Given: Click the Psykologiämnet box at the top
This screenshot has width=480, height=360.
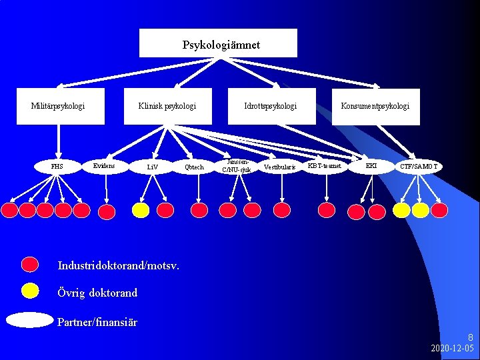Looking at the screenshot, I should [221, 44].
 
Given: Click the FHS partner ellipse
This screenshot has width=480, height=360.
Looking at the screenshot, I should [57, 167].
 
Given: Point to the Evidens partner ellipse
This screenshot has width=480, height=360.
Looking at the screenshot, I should [105, 165].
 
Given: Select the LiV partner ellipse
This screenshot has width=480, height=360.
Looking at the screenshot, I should [153, 167].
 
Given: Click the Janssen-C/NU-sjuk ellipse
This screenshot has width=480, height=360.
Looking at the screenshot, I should [237, 165].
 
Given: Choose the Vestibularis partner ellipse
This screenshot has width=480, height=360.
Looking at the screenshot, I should [279, 167].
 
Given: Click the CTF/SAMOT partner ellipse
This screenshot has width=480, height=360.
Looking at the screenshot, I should [419, 165].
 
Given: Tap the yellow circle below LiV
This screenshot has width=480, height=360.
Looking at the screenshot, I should [141, 210].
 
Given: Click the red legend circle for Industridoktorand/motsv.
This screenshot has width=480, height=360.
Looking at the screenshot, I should [30, 265].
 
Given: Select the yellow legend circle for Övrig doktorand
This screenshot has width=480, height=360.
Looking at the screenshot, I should [30, 290].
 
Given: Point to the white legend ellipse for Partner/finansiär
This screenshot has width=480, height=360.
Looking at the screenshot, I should [29, 320].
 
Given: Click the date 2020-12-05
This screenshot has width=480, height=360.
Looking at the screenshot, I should [452, 349].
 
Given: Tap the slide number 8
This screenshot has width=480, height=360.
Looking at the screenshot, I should [470, 338].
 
